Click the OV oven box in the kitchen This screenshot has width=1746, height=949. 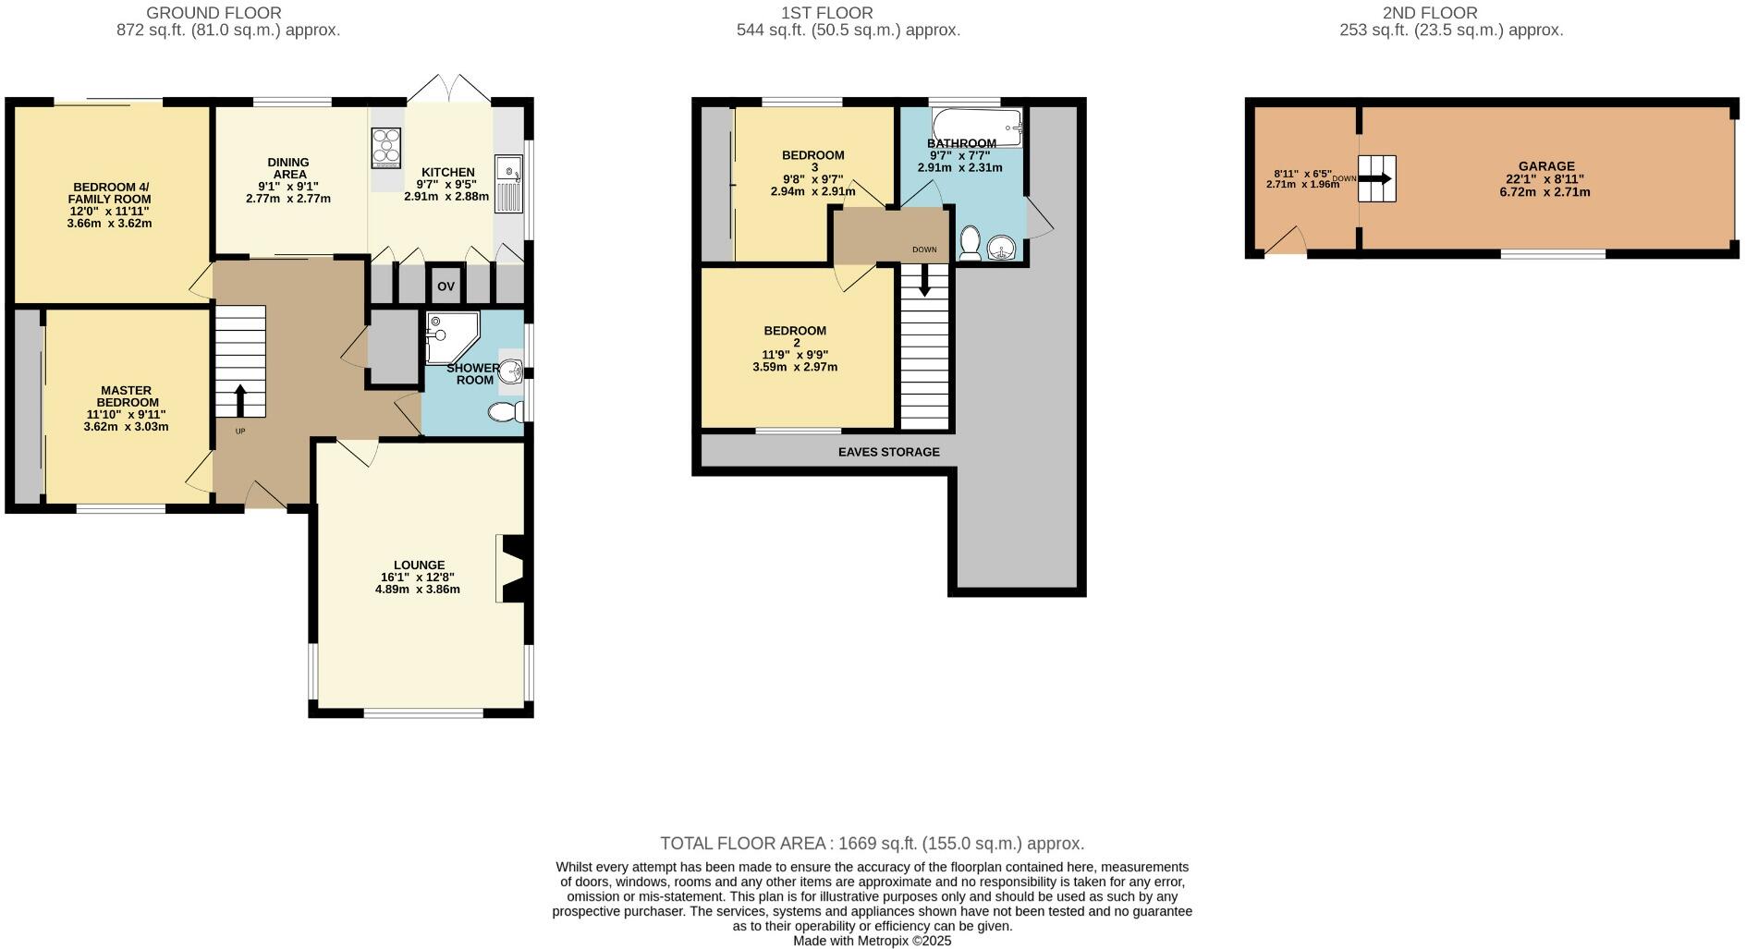[x=446, y=286]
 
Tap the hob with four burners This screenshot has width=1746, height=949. [x=386, y=148]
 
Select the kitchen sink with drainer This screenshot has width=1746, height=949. [x=507, y=184]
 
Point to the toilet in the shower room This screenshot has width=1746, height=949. [x=505, y=411]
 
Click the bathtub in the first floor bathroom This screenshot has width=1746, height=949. [x=976, y=126]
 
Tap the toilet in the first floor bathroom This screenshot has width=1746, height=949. [x=970, y=243]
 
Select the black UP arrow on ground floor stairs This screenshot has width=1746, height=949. [x=240, y=400]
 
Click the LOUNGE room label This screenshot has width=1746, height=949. [x=419, y=565]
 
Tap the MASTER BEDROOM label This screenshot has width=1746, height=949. [x=127, y=396]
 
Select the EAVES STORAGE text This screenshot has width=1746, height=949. [x=888, y=452]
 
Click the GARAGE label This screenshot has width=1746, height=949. [x=1545, y=166]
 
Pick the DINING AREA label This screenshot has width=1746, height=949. [x=288, y=168]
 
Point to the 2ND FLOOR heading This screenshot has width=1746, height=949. [x=1442, y=13]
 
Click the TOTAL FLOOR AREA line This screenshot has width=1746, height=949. [x=872, y=843]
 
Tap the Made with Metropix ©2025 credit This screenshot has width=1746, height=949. [x=872, y=941]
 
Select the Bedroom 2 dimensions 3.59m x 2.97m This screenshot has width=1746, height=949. [x=795, y=367]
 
